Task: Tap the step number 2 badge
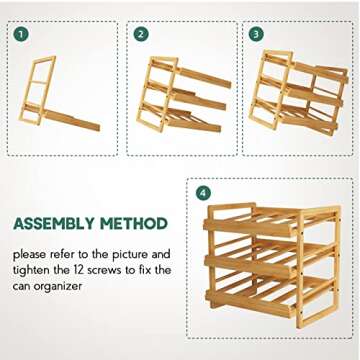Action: [141, 34]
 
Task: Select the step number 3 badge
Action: [256, 34]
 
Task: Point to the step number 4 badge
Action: [203, 192]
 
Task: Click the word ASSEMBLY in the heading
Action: [56, 224]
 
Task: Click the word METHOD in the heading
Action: [132, 224]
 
